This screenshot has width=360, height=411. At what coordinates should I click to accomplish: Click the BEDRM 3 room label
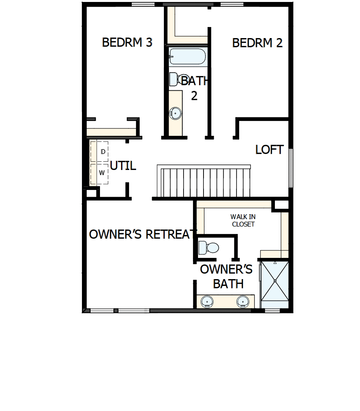127,42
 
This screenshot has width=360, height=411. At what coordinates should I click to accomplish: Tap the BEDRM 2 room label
257,43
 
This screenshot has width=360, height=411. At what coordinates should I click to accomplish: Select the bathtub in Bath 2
187,56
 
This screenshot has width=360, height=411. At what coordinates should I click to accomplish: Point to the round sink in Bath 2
175,113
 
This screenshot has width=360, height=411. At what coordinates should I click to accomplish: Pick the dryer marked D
100,152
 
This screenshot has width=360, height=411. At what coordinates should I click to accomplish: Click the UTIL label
123,166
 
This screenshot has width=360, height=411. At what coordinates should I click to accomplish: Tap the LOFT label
269,150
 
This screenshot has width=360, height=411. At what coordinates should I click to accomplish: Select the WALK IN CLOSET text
243,220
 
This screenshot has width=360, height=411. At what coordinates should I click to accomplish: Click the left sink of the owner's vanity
207,301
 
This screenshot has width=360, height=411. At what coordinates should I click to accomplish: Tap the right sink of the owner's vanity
243,301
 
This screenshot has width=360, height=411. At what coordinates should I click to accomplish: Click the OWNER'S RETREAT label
142,234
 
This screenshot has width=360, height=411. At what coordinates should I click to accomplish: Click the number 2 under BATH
194,96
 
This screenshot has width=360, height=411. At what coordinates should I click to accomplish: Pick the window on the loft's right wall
291,168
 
